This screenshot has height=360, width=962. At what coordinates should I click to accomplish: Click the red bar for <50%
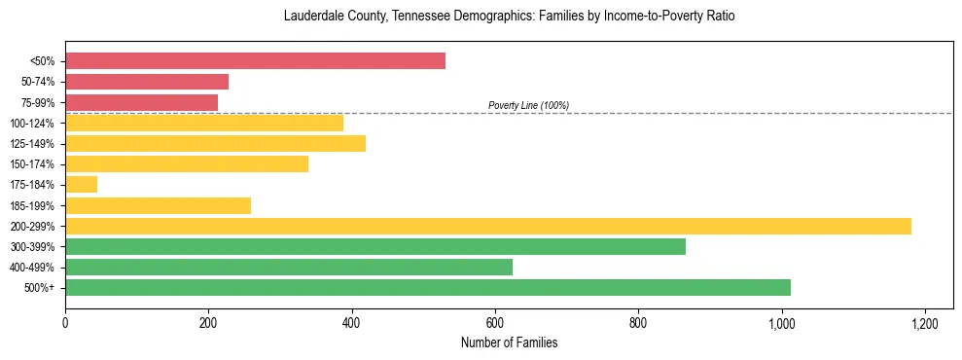(255, 61)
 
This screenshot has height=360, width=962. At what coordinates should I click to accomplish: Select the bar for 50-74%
(146, 82)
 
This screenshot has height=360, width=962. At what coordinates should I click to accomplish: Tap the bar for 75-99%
(141, 102)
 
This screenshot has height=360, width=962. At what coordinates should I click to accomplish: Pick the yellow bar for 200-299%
(487, 226)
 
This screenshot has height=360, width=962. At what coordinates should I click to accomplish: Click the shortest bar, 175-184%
(81, 184)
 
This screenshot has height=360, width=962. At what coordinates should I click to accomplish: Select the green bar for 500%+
(427, 287)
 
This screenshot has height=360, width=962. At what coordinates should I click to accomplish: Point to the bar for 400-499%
(288, 267)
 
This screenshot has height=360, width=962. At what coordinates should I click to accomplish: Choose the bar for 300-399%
(374, 246)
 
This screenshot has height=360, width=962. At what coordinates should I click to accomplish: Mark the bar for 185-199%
(158, 205)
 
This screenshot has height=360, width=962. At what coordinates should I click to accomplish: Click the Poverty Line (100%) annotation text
(528, 105)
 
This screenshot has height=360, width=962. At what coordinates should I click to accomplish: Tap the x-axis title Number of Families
(509, 343)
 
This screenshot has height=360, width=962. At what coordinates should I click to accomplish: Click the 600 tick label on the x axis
(495, 322)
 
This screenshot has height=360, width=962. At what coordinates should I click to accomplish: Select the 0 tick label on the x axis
(65, 322)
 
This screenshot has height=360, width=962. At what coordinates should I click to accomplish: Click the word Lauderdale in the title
(312, 17)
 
